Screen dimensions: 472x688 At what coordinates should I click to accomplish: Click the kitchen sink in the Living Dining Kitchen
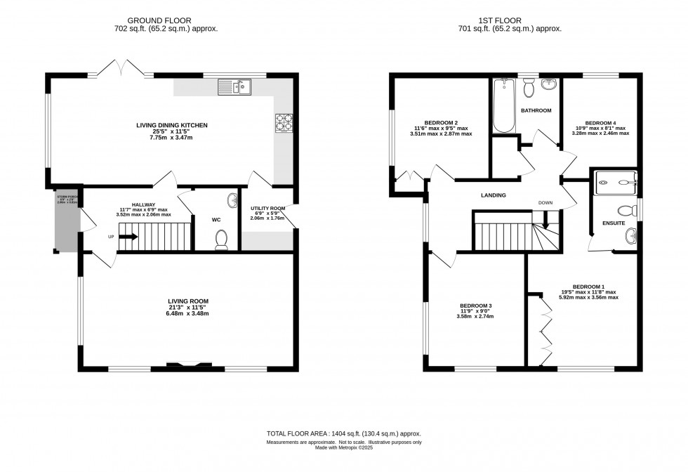235,87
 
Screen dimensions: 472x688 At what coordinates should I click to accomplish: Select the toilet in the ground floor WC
223,240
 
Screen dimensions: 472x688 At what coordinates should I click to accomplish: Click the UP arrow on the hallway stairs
127,237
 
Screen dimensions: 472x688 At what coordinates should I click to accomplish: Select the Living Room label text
187,301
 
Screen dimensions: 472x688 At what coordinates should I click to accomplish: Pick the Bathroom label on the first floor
536,110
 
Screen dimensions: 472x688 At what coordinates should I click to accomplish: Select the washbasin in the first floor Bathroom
550,86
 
